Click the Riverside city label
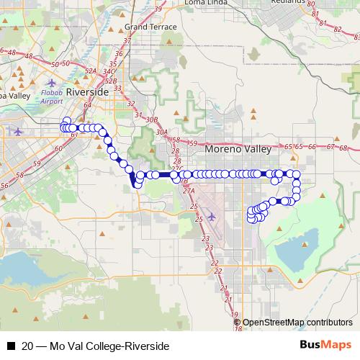tap(87, 93)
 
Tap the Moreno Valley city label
tap(238, 150)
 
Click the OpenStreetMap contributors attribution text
tap(297, 323)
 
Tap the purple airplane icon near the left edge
tap(18, 131)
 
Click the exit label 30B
tap(151, 119)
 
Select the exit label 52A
tap(91, 71)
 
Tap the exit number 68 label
tap(343, 148)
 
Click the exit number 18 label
tap(238, 328)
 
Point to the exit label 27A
tap(189, 191)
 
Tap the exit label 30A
tap(163, 133)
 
